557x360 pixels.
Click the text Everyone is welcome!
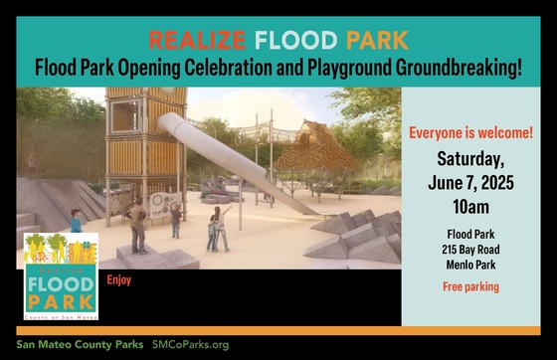click(470, 132)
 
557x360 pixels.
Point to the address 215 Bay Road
click(471, 248)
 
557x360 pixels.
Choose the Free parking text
click(471, 287)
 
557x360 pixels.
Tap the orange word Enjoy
click(119, 280)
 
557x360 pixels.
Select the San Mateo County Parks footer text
click(80, 344)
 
